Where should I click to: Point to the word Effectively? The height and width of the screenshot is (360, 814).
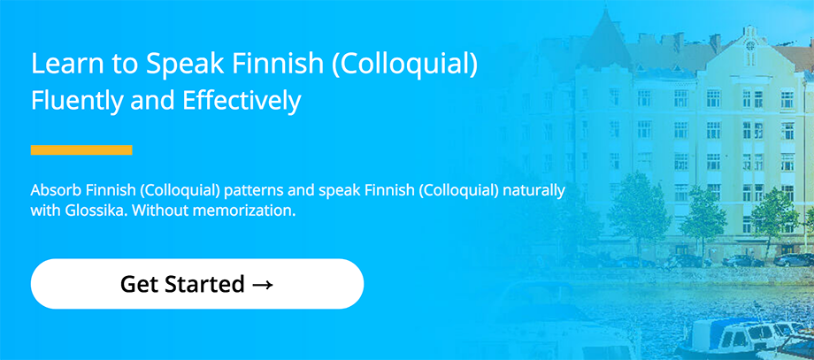[242, 101]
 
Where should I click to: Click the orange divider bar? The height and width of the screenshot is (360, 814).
[81, 149]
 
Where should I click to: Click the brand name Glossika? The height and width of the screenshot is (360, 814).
[75, 211]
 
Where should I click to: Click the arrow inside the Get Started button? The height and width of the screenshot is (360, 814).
[262, 284]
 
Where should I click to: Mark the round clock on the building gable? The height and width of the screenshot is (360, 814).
[749, 45]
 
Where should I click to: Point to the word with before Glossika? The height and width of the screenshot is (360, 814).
[41, 211]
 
